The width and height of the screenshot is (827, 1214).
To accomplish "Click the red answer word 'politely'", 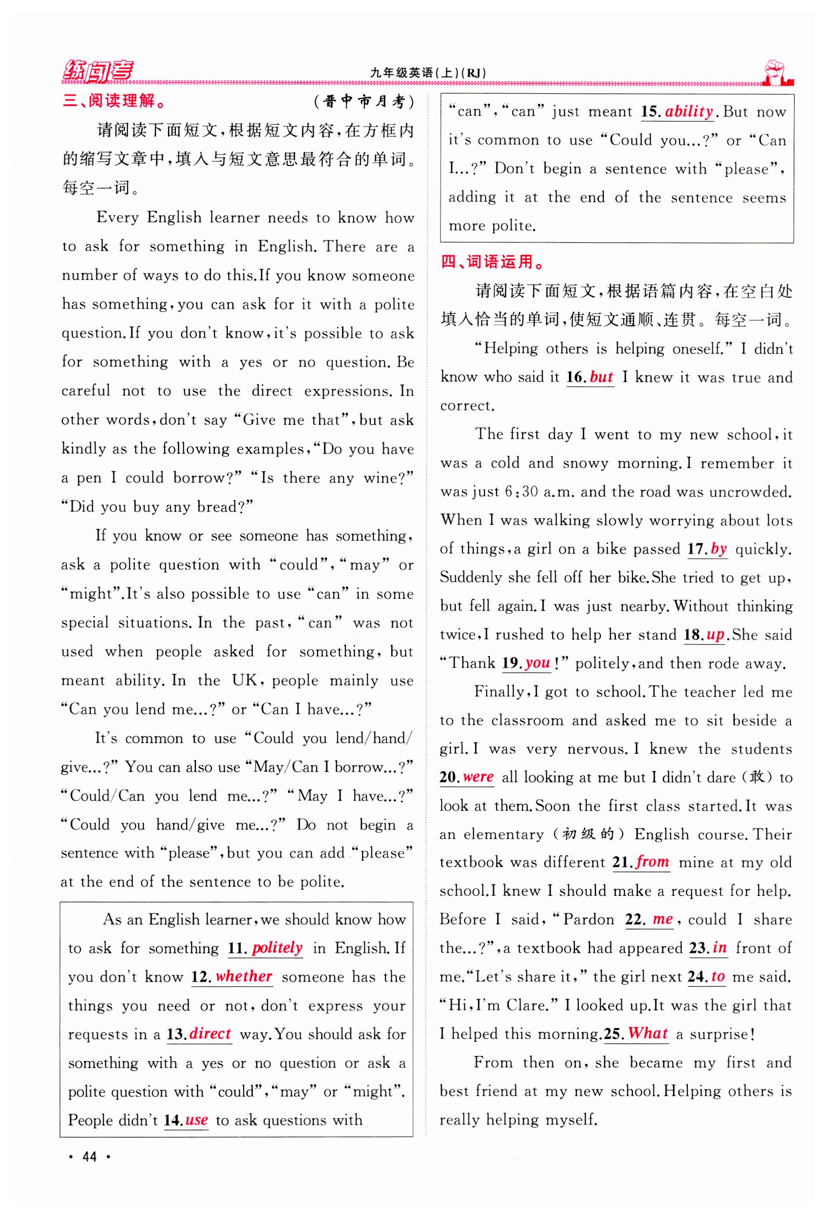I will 277,948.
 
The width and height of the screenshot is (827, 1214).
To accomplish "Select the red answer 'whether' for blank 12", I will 244,977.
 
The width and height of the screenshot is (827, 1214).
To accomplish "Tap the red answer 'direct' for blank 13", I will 210,1034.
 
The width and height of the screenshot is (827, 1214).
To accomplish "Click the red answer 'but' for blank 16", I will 601,377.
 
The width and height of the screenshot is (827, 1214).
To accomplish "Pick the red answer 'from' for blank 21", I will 653,862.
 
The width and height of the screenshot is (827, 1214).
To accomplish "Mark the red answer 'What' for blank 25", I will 648,1033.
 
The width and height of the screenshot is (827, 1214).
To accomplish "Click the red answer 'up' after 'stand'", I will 715,635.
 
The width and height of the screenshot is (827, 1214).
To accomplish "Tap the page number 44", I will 90,1157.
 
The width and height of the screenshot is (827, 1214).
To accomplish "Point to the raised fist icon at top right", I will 777,73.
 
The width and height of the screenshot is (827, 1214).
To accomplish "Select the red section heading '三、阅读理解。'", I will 114,100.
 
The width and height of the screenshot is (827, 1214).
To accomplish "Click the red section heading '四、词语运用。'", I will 492,262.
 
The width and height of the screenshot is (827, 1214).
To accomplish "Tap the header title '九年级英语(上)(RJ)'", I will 428,73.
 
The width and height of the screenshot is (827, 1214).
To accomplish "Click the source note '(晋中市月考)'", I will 364,101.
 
